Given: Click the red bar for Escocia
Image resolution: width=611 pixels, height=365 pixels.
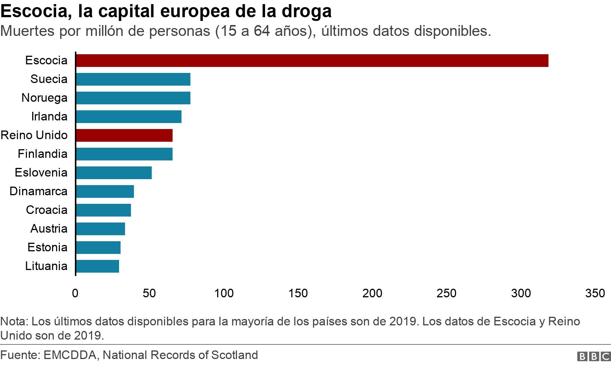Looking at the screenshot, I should (312, 61).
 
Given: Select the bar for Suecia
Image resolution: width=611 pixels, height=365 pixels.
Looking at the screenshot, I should (133, 79).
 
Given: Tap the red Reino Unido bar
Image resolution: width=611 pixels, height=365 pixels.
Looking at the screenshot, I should (124, 135).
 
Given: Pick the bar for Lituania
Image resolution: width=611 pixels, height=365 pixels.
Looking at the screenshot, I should (97, 266).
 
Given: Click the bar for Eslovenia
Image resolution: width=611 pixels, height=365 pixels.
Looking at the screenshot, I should (113, 173).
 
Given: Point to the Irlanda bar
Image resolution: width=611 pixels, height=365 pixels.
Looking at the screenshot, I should (128, 117).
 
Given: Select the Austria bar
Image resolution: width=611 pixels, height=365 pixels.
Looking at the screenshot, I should (100, 229).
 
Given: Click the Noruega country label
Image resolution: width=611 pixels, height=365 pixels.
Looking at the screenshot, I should (45, 98).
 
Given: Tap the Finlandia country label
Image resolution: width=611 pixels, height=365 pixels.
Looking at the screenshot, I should (43, 154).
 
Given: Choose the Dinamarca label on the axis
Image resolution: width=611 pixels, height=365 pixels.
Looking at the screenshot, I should (39, 191).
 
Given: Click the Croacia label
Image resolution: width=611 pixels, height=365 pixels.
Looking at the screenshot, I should (47, 210).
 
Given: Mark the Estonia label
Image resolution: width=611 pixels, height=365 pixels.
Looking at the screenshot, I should (48, 248).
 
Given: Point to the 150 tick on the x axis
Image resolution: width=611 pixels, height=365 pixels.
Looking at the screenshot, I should (298, 293).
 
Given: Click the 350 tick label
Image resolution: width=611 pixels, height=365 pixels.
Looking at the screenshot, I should (595, 293).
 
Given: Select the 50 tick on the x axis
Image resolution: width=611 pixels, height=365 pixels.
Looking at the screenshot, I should (149, 293).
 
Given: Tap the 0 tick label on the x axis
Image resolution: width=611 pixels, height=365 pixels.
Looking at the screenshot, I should (75, 293).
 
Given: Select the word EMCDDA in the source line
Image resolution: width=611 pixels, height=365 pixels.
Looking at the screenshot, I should (70, 355).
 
